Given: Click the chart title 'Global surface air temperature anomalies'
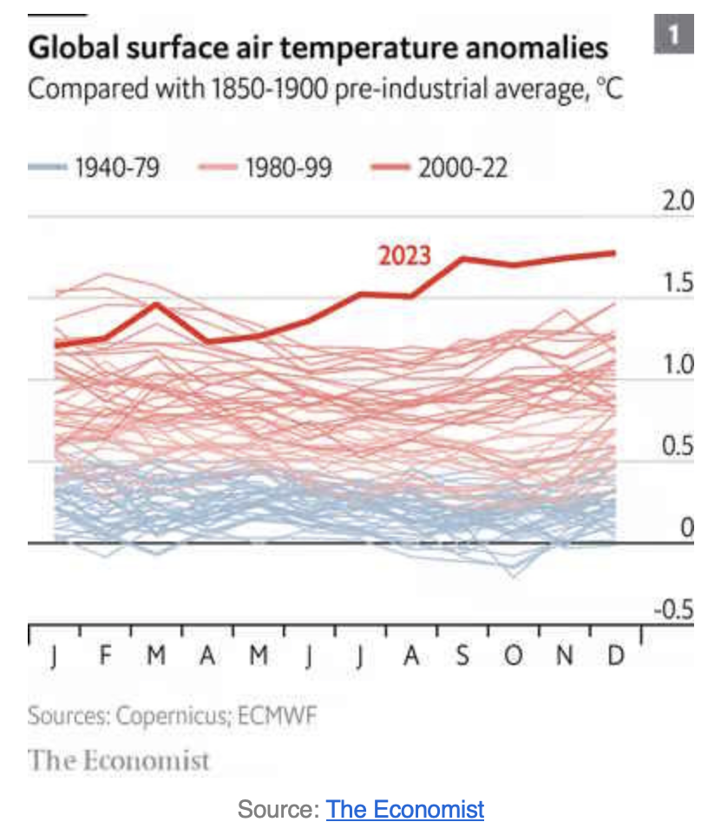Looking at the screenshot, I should [318, 47].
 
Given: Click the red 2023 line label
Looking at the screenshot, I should [403, 255].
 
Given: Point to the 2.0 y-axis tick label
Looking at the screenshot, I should [678, 202].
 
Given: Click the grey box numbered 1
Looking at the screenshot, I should [674, 36].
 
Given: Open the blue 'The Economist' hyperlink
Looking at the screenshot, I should [405, 810].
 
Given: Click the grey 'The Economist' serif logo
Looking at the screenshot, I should [119, 761].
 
